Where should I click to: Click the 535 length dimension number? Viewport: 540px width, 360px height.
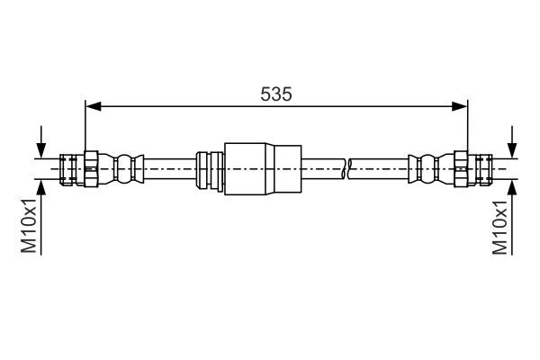pos(275,93)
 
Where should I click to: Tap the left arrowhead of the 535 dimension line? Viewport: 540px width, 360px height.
pos(89,107)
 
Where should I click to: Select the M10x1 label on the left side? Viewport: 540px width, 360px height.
pos(29,227)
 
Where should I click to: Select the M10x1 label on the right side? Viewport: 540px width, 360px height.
pos(502,227)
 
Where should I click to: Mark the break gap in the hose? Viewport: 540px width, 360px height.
pos(346,167)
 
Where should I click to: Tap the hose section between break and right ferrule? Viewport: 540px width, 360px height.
pos(378,167)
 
